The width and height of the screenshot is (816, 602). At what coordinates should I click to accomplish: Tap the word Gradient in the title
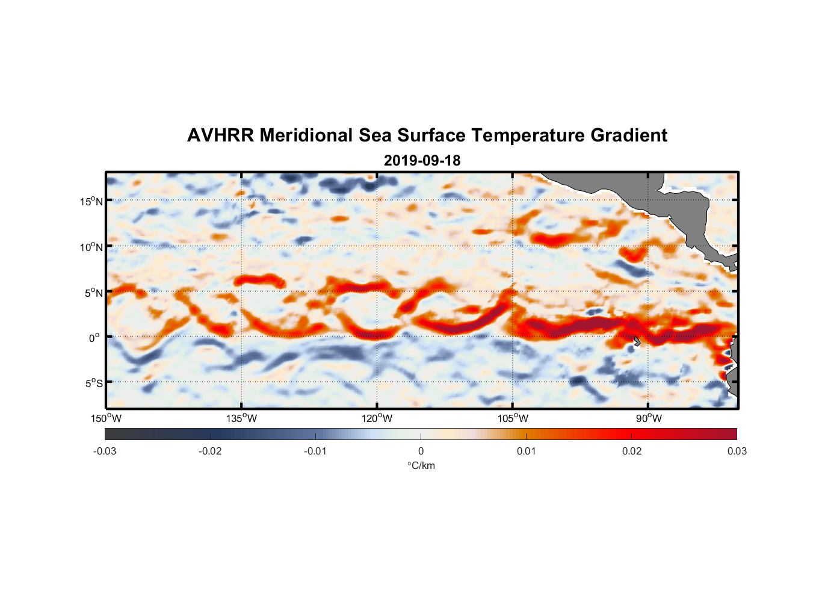[629, 135]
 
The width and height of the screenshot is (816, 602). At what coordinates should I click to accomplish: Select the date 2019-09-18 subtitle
[422, 160]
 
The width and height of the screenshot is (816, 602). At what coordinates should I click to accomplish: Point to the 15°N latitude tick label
[91, 201]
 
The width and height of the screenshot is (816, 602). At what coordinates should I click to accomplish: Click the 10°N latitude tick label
[91, 247]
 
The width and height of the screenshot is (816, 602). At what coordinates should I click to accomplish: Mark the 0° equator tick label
[94, 338]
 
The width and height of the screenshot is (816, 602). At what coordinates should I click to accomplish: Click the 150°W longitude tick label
[106, 418]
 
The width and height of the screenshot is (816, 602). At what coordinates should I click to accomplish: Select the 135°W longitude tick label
[241, 418]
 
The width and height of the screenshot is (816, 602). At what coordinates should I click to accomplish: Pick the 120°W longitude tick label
[377, 418]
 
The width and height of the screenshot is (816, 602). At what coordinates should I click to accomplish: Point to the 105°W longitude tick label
[513, 418]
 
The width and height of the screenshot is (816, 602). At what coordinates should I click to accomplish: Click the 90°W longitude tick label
[649, 418]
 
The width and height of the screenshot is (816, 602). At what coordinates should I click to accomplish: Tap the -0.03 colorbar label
[105, 451]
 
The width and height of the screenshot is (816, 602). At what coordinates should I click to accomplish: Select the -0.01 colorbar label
[315, 451]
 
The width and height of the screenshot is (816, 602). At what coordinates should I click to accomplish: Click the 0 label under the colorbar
[421, 451]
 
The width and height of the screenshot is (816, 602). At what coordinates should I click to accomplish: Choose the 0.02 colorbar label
[632, 451]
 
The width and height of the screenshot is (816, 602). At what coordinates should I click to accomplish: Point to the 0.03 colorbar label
[737, 451]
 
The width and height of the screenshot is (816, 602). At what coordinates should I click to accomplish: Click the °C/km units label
[421, 465]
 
